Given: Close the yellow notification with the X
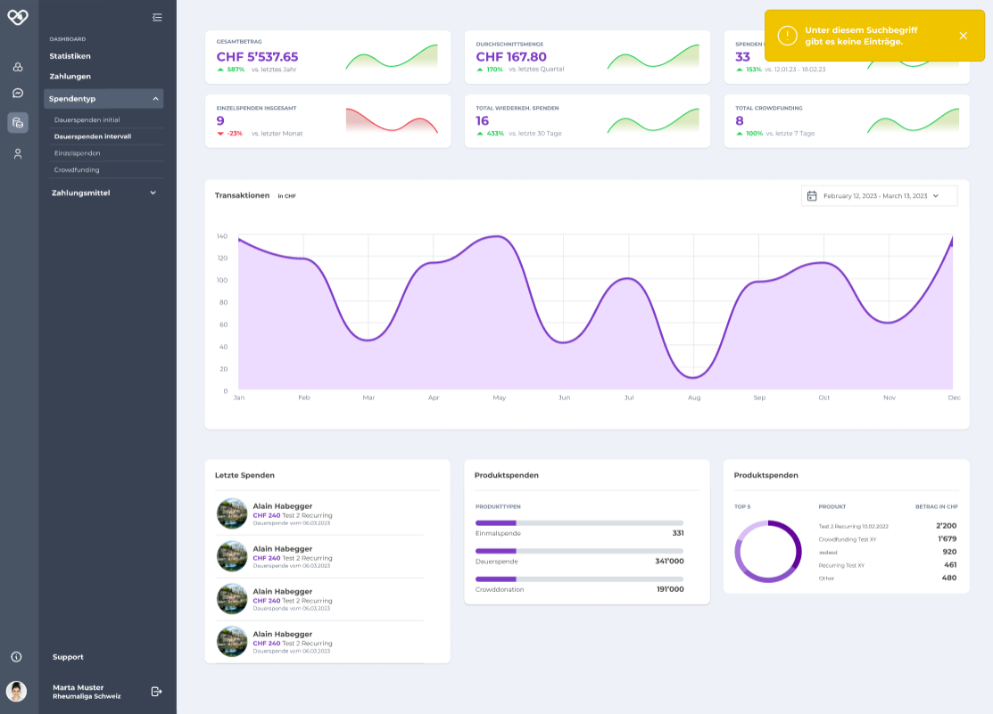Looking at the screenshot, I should tap(963, 36).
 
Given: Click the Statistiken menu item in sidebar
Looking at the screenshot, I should tap(70, 56).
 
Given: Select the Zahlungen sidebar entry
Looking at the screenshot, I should tap(70, 77).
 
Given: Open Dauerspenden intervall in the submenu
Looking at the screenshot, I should tap(93, 136).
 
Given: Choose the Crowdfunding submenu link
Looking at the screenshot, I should tap(77, 169).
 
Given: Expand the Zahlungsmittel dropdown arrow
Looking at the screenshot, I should tap(153, 193).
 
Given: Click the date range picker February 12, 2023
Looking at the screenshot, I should tap(879, 195).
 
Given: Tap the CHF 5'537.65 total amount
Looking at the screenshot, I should tap(257, 57).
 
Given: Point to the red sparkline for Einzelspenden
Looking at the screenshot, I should tap(392, 121).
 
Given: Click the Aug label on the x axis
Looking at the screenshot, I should tap(694, 398).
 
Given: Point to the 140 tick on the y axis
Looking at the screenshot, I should tap(221, 237).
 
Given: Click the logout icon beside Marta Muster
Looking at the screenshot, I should tap(156, 691).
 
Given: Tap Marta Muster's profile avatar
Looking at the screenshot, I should tap(17, 691).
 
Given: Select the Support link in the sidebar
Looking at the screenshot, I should tap(68, 657).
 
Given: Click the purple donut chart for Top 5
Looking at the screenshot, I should tap(767, 552).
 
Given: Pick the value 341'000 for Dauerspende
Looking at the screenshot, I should tap(669, 562).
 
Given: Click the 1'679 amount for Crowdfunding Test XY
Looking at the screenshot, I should tap(947, 539).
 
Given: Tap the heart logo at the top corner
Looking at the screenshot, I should tap(18, 17).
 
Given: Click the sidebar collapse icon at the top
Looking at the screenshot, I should tap(157, 17).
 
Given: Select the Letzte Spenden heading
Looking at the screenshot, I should tap(244, 475).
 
